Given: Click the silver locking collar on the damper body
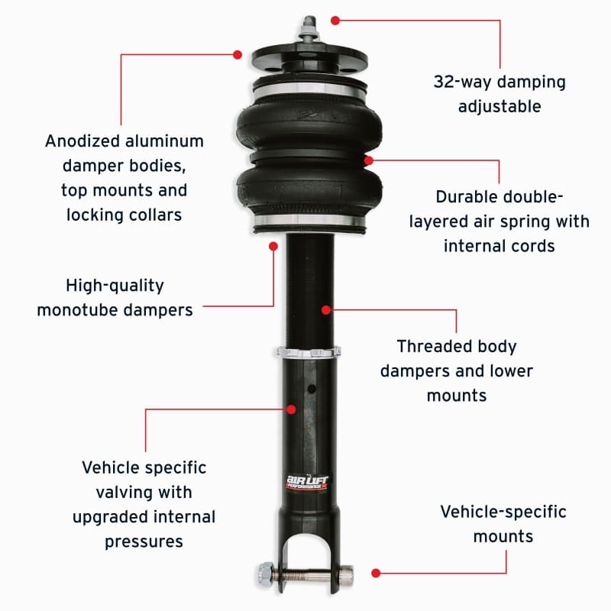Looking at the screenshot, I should pos(309,353).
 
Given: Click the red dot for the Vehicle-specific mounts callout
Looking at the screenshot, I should pos(375,571).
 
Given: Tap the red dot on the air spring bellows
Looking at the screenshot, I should pos(369,160).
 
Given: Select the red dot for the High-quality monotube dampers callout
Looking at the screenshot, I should pos(273,246).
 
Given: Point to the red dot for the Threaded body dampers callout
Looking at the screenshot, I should pos(326,310).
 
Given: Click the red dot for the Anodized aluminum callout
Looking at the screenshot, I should pos(238,54).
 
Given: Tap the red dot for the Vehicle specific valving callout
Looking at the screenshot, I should pos(291,409).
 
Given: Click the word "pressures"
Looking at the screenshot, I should pos(144,541).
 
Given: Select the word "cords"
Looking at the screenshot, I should pos(533,246).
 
